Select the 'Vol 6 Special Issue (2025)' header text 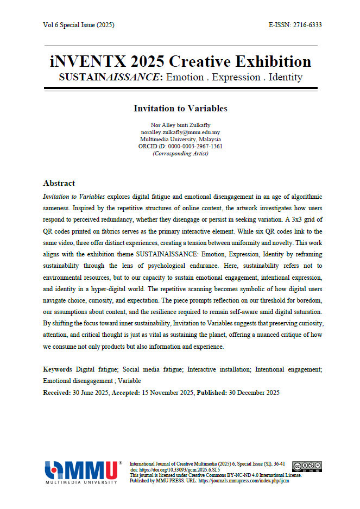pos(79,25)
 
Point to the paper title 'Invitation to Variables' pos(180,108)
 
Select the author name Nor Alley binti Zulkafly pos(180,125)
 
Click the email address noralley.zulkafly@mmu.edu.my pos(180,133)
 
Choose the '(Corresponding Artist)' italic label pos(180,154)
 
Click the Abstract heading pos(59,183)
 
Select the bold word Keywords pos(58,369)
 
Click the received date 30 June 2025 pos(91,392)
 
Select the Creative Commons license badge pos(307,467)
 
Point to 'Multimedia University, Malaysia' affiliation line pos(180,140)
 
